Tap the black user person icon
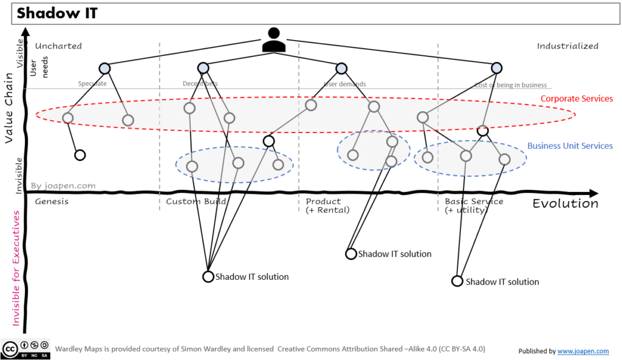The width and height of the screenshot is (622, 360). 273,40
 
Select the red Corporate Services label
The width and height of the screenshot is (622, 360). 576,98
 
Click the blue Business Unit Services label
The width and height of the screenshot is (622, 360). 570,146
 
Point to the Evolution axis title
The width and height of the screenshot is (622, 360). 565,203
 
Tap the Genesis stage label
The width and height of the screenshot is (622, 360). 52,202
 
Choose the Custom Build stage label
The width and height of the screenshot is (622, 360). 196,202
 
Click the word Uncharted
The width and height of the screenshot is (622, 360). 58,46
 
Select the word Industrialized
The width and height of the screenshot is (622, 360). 567,46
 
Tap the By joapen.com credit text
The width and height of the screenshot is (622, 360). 63,186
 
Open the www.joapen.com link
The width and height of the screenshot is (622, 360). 583,351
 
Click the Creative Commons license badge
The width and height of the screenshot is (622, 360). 26,349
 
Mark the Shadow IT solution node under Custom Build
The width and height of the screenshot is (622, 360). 208,277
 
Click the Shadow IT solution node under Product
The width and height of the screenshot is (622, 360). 350,254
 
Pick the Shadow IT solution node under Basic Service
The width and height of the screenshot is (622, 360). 457,281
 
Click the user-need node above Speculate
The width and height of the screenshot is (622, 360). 104,68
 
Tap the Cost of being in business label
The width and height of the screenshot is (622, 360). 511,85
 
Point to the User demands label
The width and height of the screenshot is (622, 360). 345,84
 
